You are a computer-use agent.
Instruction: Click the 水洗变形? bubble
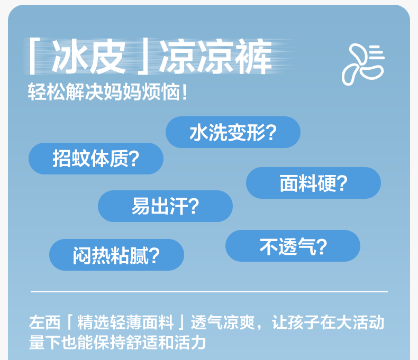[233, 132]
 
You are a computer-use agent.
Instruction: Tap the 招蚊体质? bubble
[96, 159]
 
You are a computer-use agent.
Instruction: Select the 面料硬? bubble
[313, 183]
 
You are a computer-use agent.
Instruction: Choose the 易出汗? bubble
[165, 206]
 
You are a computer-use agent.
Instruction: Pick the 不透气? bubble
[293, 246]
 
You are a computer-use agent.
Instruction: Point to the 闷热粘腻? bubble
[117, 255]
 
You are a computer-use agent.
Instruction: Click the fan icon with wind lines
[363, 64]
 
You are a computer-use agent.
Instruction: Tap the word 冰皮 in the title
[89, 56]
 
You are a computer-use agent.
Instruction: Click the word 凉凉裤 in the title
[215, 56]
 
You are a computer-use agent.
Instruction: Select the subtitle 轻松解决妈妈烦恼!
[108, 91]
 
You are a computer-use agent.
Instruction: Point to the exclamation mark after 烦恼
[185, 92]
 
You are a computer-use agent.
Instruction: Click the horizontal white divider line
[210, 292]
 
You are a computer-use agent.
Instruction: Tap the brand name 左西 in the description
[45, 322]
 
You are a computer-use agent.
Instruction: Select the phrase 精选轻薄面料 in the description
[125, 322]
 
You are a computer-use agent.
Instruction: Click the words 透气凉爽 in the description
[223, 322]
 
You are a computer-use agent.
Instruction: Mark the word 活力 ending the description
[190, 343]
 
